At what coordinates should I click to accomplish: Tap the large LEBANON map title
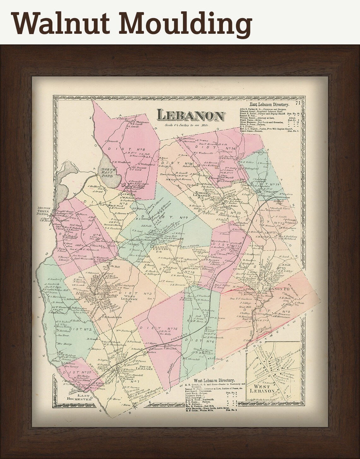click(190, 116)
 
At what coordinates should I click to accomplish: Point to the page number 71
click(298, 103)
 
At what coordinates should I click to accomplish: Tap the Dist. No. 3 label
click(136, 294)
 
